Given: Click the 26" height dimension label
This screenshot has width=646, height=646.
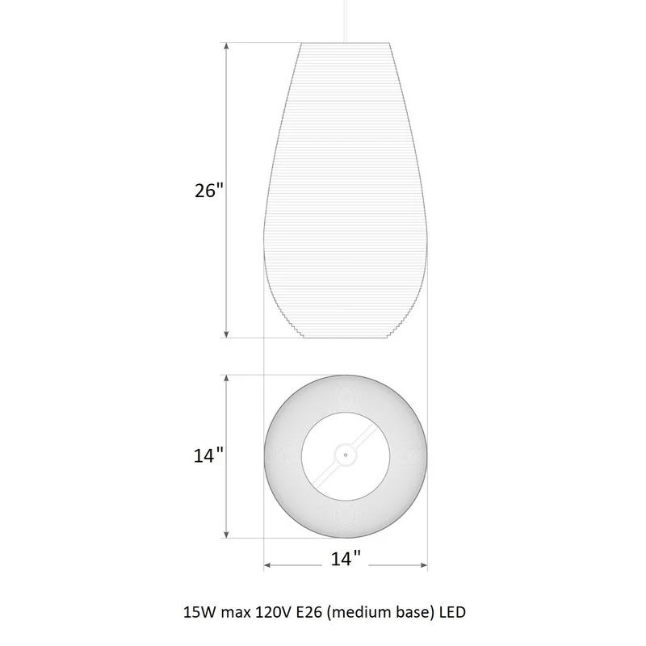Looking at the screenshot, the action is (x=209, y=191).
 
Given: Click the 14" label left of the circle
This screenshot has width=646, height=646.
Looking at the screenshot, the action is (x=208, y=455).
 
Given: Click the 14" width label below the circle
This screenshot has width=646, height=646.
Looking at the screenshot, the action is (x=346, y=559).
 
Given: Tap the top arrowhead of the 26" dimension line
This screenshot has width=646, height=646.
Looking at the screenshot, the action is (x=226, y=47).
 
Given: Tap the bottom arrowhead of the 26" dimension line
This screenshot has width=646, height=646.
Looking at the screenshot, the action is (x=226, y=333).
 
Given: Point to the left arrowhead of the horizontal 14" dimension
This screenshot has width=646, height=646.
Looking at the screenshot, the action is (x=268, y=564).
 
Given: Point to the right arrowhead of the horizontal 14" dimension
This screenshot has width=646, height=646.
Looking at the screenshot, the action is (x=423, y=564).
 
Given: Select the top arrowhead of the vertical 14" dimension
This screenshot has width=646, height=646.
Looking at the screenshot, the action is (x=226, y=379).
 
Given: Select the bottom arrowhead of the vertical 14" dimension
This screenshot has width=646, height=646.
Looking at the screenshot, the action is (x=226, y=534).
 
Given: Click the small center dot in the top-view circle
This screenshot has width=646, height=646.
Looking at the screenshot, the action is (x=346, y=455).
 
